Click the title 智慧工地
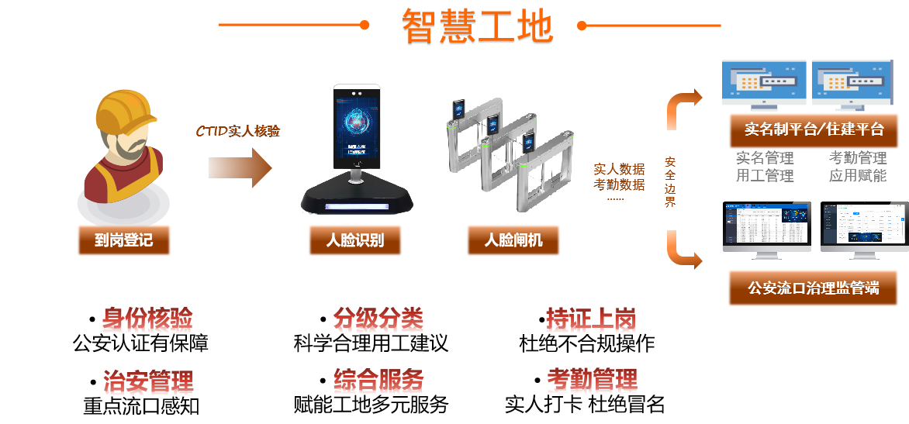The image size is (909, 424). [x=476, y=27]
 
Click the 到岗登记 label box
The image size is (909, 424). [x=123, y=240]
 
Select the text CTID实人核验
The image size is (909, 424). [x=237, y=131]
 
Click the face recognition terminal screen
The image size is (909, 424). [x=358, y=128]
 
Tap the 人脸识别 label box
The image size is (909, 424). [x=354, y=240]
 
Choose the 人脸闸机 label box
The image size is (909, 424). [x=513, y=240]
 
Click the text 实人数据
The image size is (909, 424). [x=619, y=169]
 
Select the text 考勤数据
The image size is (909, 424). [x=619, y=184]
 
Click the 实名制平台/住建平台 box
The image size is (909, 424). [x=813, y=129]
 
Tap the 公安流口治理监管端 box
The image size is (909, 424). [x=813, y=288]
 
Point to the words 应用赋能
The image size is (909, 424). [x=857, y=175]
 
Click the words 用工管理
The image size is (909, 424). [x=765, y=175]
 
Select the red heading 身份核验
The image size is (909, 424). [x=147, y=320]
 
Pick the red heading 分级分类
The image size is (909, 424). [x=378, y=320]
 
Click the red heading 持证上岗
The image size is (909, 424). [x=591, y=320]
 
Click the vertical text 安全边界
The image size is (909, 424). [x=670, y=182]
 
